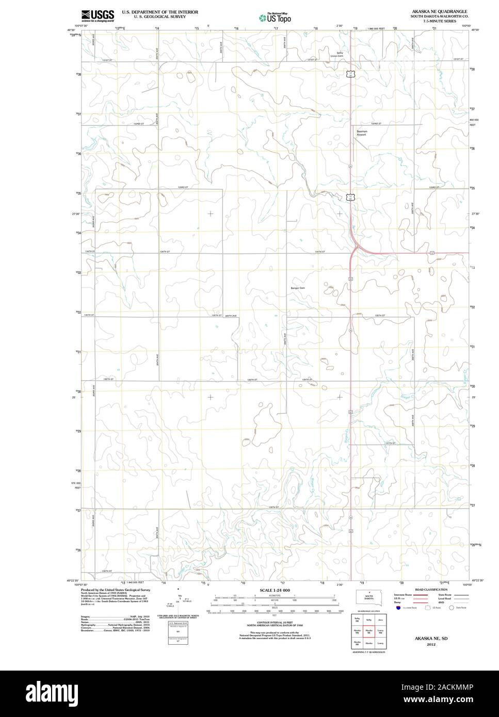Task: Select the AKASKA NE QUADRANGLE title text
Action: pos(439,11)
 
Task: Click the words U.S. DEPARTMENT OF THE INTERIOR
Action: pos(160,11)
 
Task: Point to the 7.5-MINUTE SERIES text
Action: pos(439,21)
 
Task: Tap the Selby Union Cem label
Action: pos(337,54)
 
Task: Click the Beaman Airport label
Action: pos(361,133)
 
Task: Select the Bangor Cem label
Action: pos(298,288)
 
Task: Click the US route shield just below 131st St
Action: pos(351,74)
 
